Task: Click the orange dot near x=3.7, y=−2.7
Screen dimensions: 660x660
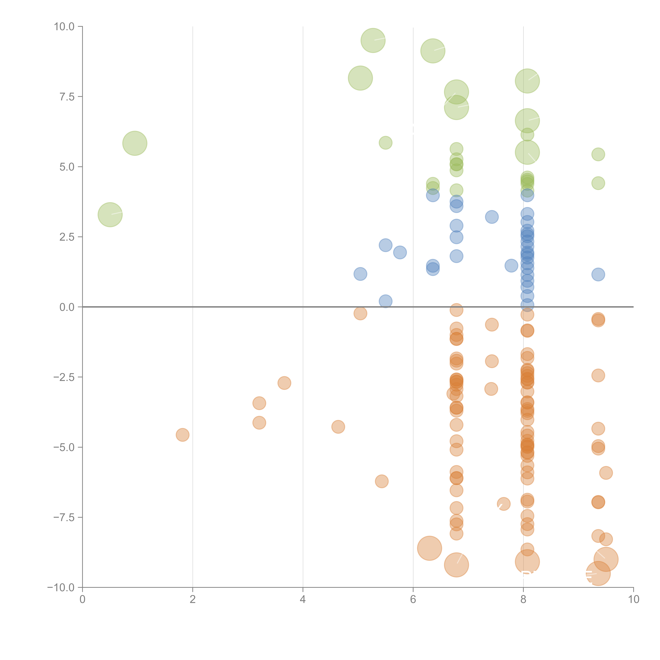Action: [x=284, y=383]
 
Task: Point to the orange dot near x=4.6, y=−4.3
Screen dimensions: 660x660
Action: [x=338, y=427]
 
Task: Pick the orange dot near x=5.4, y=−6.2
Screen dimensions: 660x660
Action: [x=382, y=481]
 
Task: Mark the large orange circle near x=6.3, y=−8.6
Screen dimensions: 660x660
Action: [x=429, y=548]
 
